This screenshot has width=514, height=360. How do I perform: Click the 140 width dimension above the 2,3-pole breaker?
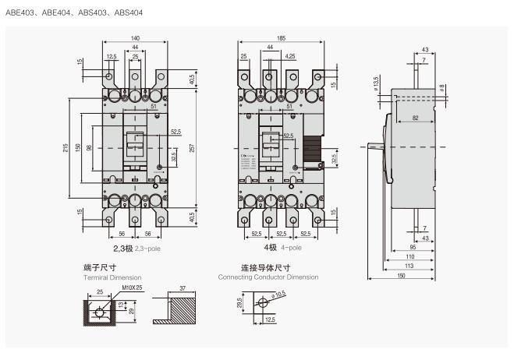tap(135, 37)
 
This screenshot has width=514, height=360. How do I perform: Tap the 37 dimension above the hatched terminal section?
tap(182, 288)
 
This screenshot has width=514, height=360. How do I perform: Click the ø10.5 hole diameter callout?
tap(279, 294)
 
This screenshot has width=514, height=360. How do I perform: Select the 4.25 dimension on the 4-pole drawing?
tap(290, 56)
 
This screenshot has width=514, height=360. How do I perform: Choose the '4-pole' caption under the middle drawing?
tap(290, 247)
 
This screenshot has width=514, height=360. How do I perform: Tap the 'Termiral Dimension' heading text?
tap(114, 277)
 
